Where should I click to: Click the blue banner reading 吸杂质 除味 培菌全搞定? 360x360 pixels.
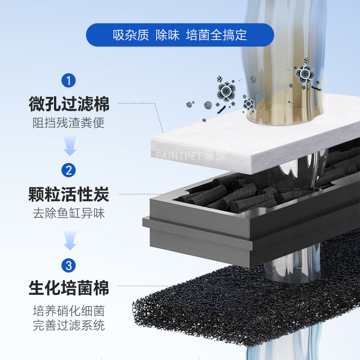point(180,35)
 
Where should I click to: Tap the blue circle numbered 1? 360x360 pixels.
point(68,81)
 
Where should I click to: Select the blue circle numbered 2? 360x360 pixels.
point(68,170)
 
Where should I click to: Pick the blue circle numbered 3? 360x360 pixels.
point(68,265)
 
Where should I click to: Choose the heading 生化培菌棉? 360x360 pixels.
point(69,288)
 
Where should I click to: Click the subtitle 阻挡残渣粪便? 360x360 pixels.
point(69,122)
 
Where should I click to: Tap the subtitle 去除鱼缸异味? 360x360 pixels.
point(69,213)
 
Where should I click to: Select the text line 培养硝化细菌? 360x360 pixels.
point(69,310)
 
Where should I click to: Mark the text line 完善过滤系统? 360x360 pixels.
point(69,325)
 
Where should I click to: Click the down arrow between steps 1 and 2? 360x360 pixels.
point(69,146)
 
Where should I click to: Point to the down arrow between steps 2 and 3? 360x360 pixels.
point(69,240)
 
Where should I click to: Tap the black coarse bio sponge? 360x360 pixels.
point(252,306)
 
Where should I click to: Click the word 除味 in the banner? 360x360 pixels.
point(167,35)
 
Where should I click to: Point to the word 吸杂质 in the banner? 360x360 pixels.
point(130,35)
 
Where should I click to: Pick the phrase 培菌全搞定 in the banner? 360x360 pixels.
point(216,35)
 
